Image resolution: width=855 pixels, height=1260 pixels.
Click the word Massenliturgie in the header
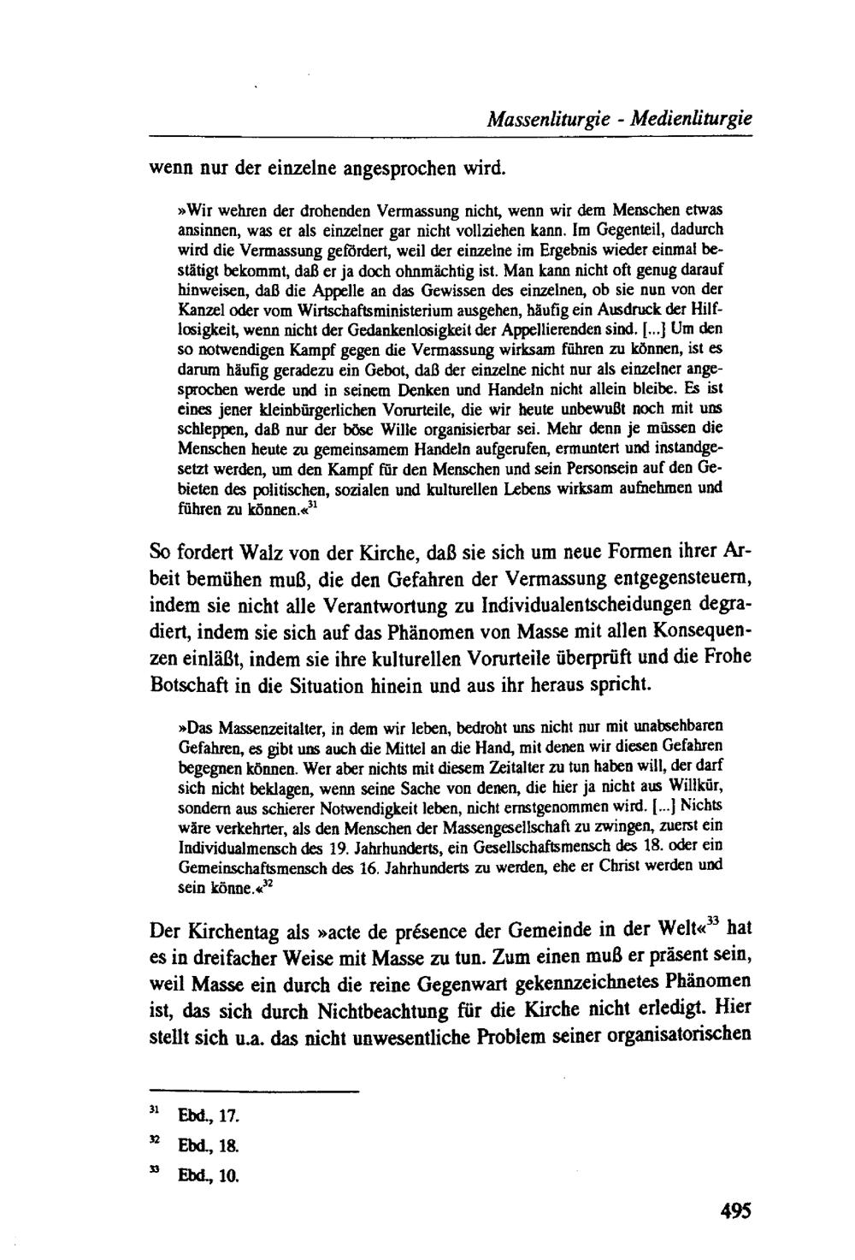point(551,121)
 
